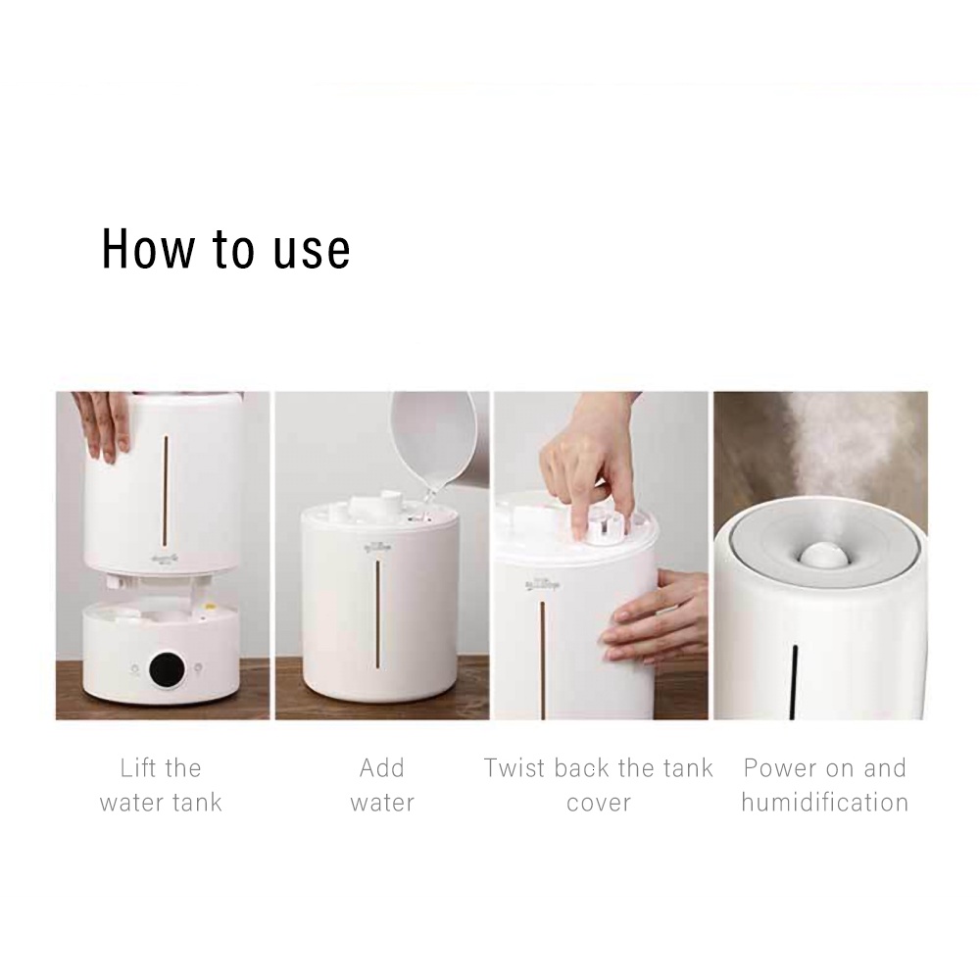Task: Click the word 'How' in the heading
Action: tap(148, 249)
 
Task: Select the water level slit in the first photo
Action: tap(167, 491)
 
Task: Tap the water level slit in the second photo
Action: tap(377, 613)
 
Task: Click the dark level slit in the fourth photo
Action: tap(795, 682)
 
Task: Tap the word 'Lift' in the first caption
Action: tap(138, 767)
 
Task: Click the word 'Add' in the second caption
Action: tap(382, 767)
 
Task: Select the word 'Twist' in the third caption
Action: tap(515, 767)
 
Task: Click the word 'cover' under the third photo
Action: tap(599, 804)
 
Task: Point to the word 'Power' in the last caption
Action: tap(779, 767)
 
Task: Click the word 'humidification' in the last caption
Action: tap(824, 802)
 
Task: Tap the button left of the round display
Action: tap(133, 668)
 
